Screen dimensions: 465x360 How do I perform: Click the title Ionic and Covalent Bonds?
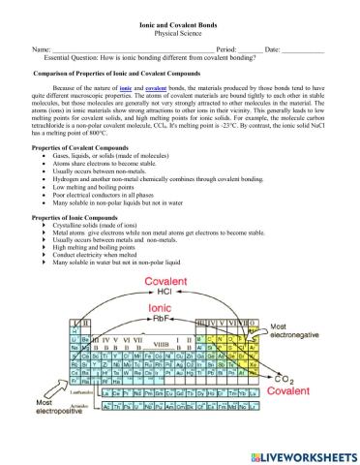tap(180, 20)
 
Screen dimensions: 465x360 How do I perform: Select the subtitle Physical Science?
tap(180, 30)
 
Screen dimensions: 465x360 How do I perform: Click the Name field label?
tap(42, 48)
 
